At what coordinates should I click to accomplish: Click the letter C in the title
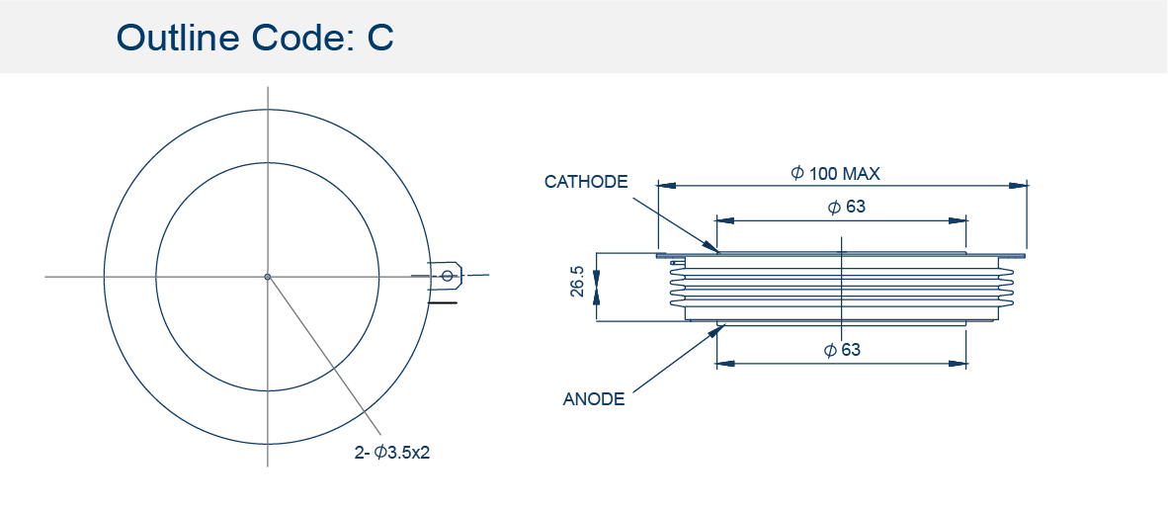point(379,38)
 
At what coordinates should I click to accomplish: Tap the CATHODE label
point(586,182)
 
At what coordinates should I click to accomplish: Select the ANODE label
point(594,398)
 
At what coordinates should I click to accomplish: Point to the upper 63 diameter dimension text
point(847,208)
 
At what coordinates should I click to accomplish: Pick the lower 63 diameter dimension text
point(843,349)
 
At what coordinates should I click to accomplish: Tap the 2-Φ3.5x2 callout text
point(392,452)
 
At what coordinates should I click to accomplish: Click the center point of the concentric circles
point(268,277)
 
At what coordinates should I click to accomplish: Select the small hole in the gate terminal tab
point(447,277)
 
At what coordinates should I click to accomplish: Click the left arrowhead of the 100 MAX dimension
point(667,185)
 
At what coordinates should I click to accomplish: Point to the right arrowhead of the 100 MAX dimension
point(1018,185)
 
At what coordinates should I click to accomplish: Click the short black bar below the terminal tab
point(443,303)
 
